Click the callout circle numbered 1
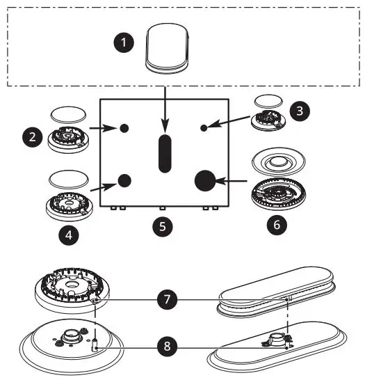pos(123,42)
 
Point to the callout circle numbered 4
pos(68,235)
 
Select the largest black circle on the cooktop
pos(205,181)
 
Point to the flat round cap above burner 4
pos(69,178)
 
